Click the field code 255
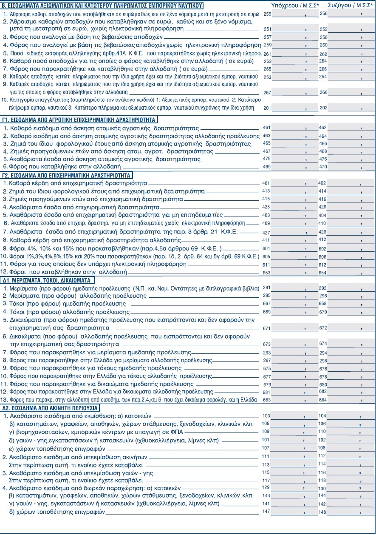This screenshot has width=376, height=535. click(267, 14)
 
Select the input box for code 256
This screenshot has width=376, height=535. click(346, 14)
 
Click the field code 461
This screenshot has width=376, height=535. click(267, 127)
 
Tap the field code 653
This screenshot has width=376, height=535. click(267, 272)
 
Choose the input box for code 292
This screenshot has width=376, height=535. click(346, 288)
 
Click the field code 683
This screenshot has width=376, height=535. click(267, 400)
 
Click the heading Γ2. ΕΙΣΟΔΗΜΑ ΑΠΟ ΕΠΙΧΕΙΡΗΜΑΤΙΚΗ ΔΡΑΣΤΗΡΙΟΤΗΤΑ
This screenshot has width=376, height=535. click(68, 175)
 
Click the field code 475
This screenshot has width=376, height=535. click(267, 158)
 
